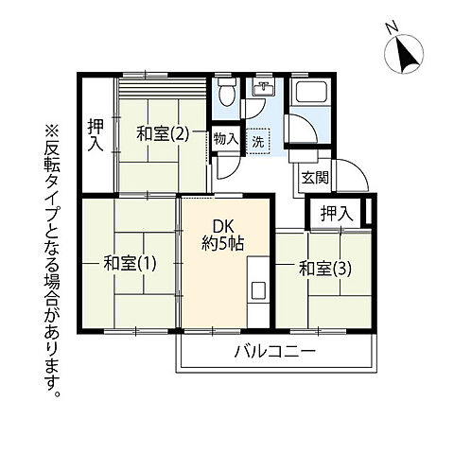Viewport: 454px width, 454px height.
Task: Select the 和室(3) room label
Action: click(325, 268)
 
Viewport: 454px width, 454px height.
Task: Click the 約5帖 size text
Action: click(223, 243)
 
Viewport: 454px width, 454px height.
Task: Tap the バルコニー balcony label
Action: click(275, 352)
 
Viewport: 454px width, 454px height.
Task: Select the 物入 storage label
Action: click(226, 139)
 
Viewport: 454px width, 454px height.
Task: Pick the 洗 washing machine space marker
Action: click(258, 141)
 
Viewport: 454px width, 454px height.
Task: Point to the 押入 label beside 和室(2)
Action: click(96, 133)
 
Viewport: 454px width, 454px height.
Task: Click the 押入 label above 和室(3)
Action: click(335, 214)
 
